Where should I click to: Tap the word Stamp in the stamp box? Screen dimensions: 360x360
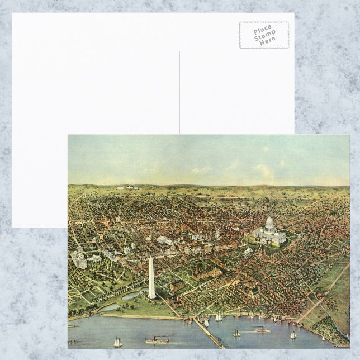click(264, 35)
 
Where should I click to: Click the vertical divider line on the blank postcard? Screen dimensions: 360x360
click(179, 92)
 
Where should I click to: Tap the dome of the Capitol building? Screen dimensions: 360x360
click(269, 222)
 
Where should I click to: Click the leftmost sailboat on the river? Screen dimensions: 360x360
click(118, 342)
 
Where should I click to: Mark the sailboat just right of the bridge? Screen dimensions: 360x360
click(236, 333)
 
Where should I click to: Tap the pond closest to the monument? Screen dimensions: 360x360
click(134, 295)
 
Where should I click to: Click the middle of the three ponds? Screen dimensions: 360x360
click(124, 298)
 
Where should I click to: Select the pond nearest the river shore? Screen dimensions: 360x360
click(110, 307)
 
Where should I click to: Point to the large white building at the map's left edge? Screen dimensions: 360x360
click(79, 258)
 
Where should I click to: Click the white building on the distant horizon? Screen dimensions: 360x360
click(132, 188)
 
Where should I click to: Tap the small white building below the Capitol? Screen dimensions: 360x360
click(248, 251)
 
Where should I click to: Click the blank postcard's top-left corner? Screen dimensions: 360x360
click(13, 14)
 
